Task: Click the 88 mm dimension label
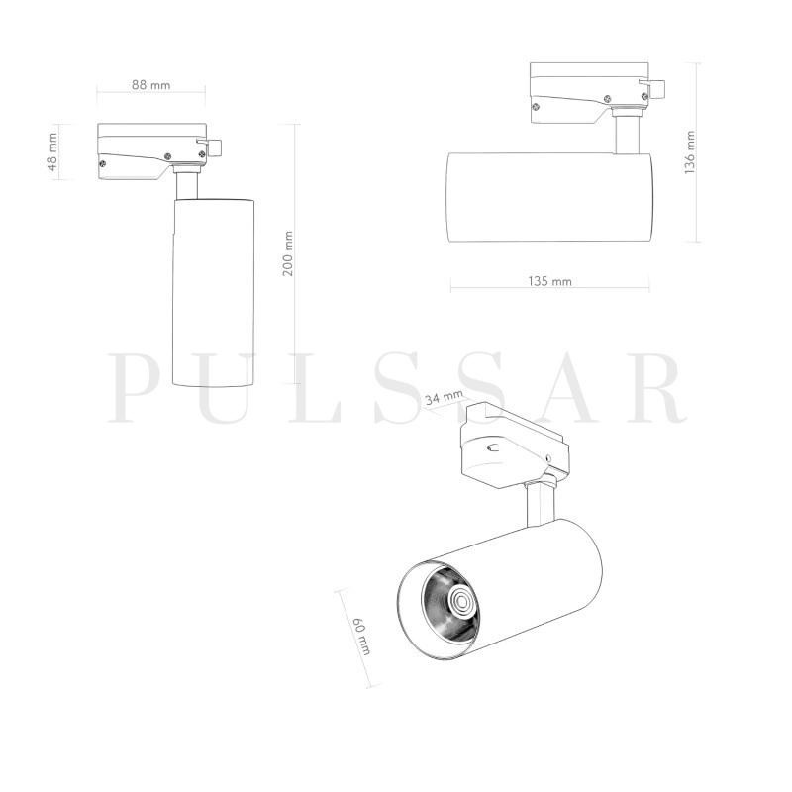[x=151, y=85]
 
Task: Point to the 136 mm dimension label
[x=690, y=152]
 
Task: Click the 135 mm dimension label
[x=550, y=281]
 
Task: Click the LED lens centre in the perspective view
[x=460, y=600]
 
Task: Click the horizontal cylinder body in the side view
[x=549, y=197]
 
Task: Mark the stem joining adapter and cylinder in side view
[x=626, y=134]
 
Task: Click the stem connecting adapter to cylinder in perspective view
[x=538, y=505]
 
